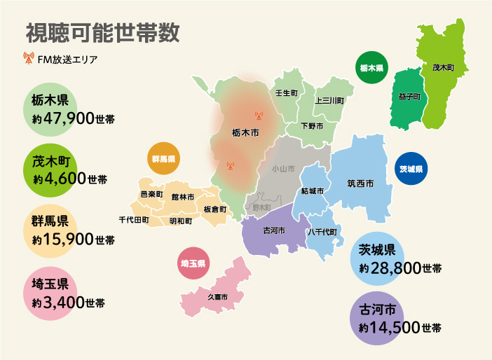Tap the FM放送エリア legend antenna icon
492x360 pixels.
pyautogui.click(x=29, y=59)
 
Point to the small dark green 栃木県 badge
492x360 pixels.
pyautogui.click(x=371, y=69)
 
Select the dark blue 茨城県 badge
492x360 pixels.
pyautogui.click(x=411, y=169)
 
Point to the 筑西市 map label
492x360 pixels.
pyautogui.click(x=360, y=184)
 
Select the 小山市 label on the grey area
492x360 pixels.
pyautogui.click(x=283, y=169)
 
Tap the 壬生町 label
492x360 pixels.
pyautogui.click(x=286, y=92)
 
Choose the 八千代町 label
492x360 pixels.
pyautogui.click(x=323, y=231)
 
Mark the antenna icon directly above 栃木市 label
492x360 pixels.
pyautogui.click(x=258, y=116)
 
